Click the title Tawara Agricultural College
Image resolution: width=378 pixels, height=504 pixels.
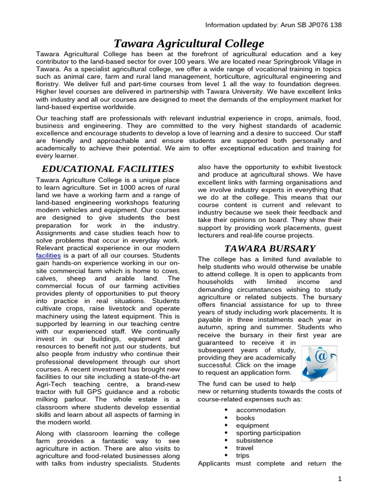tap(189, 43)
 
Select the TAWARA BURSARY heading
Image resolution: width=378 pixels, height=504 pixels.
tap(270, 248)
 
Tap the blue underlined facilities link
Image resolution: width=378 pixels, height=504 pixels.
tap(49, 256)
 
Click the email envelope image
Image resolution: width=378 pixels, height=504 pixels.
tap(318, 363)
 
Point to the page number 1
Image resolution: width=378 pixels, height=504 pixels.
tap(340, 479)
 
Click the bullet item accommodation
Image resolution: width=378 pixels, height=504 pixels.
tap(260, 410)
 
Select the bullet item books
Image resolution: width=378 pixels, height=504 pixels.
tap(246, 418)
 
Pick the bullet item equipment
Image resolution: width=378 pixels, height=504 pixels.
tap(252, 425)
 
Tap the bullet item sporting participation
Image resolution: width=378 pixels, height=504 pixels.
tap(268, 433)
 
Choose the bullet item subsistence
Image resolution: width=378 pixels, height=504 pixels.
tap(254, 441)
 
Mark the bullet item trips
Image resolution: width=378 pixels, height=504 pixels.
tap(243, 456)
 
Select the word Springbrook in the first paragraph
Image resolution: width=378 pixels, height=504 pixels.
tap(282, 62)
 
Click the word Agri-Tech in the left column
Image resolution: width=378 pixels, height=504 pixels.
tap(51, 383)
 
